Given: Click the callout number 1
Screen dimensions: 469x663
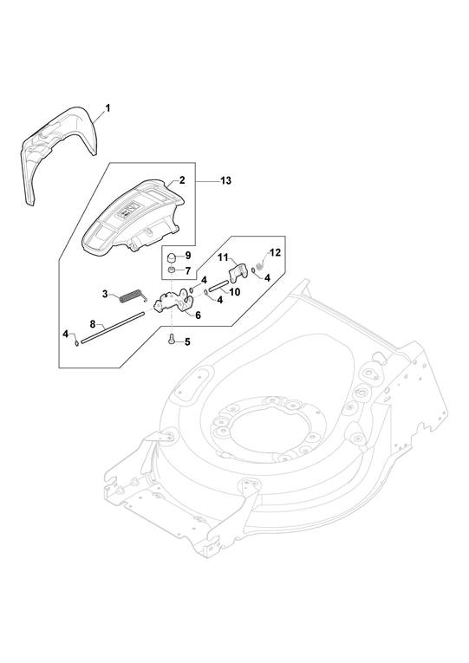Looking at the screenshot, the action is coord(107,108).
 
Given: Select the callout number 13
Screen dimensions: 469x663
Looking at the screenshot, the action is coord(226,180).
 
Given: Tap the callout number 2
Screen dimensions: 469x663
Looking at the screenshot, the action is coord(182,180).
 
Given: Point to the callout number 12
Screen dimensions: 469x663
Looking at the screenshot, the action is coord(275,252).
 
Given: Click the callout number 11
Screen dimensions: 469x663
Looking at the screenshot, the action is coord(224,257).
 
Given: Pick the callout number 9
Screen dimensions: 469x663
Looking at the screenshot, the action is coord(188,256).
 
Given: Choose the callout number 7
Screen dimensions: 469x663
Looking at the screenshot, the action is coord(188,270).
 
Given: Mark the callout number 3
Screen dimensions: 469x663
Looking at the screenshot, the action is coord(105,294).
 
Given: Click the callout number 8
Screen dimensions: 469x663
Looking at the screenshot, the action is coord(93,324).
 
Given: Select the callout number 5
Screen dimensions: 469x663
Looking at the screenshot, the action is coord(187,341).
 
